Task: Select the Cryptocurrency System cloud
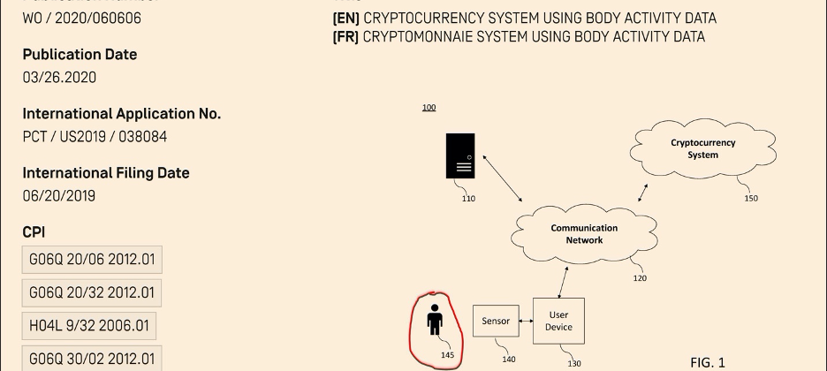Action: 702,148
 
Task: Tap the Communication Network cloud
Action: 584,234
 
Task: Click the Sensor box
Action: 496,322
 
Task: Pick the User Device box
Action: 558,321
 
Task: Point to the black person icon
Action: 434,320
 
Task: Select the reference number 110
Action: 468,199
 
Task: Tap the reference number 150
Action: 750,199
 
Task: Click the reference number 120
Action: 640,278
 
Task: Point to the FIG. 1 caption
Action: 707,362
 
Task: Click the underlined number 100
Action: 429,108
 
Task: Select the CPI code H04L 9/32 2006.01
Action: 87,326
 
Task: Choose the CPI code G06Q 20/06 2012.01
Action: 92,260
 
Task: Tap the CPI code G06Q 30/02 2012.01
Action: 92,359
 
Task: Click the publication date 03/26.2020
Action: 59,78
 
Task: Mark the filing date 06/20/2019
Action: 59,196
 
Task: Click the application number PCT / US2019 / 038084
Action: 95,137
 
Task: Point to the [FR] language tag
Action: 345,37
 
